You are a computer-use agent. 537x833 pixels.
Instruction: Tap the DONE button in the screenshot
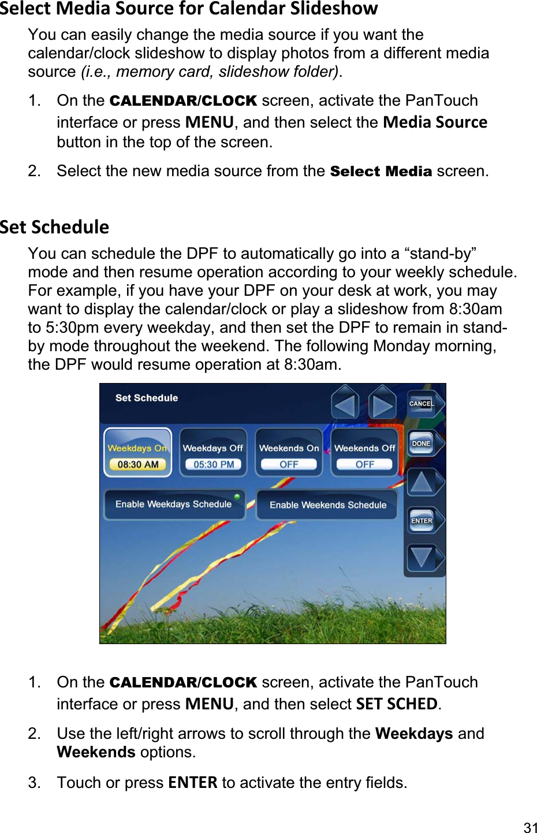422,444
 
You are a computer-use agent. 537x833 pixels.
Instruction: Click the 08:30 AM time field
137,464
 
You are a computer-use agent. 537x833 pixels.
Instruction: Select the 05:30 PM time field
214,464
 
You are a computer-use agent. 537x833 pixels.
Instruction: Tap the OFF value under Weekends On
289,464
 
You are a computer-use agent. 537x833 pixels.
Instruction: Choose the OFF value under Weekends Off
364,464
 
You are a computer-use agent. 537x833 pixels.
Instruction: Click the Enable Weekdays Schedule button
173,504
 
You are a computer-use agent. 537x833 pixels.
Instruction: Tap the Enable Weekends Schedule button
327,505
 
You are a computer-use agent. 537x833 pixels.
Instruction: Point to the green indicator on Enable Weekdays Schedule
237,497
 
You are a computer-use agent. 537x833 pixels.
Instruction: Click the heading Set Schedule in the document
54,227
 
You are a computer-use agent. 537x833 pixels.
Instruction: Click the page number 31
530,827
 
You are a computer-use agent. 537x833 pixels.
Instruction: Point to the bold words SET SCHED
397,704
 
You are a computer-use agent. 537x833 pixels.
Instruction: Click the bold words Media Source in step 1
435,122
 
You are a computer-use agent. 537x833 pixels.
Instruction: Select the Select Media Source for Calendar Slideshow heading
189,9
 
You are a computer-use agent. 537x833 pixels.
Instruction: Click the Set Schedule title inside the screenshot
147,398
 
